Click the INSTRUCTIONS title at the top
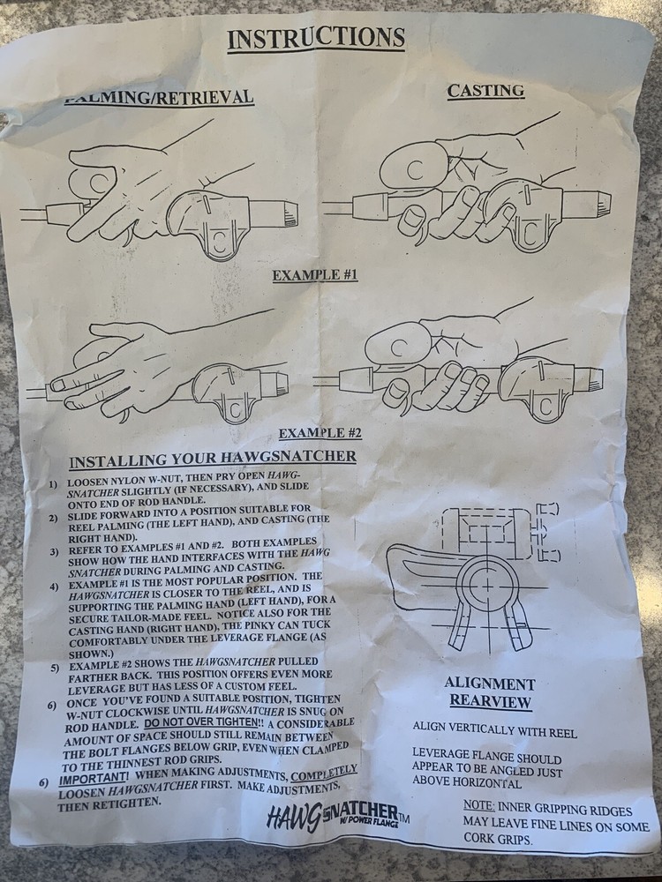(315, 38)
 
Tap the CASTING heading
(485, 90)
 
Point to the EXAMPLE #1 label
(314, 275)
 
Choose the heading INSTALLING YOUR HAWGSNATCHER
(213, 459)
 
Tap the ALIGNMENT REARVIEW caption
(490, 693)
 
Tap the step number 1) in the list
(53, 485)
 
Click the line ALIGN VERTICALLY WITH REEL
(494, 732)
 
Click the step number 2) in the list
(53, 512)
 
